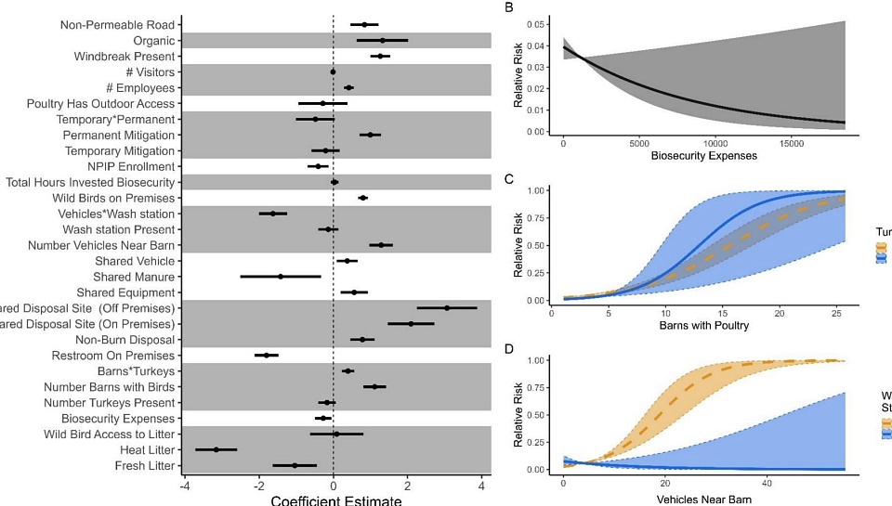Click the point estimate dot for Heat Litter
[216, 449]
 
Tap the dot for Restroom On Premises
[267, 355]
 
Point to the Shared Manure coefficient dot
[280, 276]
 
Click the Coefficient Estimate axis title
[336, 500]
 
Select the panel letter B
[508, 7]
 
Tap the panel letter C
[508, 179]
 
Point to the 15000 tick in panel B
[790, 142]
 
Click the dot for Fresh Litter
[295, 465]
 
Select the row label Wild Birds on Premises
[114, 198]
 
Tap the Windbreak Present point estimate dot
[380, 56]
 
